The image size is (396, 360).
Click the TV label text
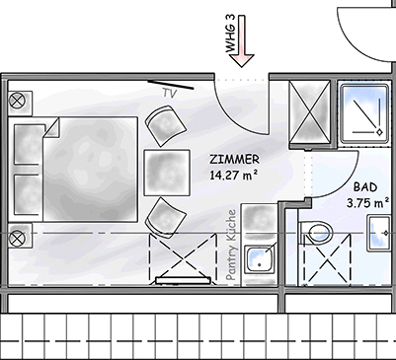pyautogui.click(x=170, y=93)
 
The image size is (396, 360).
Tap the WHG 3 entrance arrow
pyautogui.click(x=242, y=40)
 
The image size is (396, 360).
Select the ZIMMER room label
pyautogui.click(x=235, y=160)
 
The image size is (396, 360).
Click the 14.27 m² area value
pyautogui.click(x=234, y=175)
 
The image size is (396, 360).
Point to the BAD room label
pyautogui.click(x=365, y=187)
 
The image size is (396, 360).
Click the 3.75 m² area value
pyautogui.click(x=365, y=203)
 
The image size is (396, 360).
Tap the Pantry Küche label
pyautogui.click(x=232, y=245)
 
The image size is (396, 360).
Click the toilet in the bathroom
pyautogui.click(x=316, y=233)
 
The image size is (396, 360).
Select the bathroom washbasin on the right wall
pyautogui.click(x=378, y=233)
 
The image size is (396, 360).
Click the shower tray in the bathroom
pyautogui.click(x=363, y=113)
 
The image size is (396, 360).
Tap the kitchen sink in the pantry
pyautogui.click(x=261, y=258)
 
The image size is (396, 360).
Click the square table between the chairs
pyautogui.click(x=167, y=173)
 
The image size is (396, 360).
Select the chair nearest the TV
pyautogui.click(x=166, y=125)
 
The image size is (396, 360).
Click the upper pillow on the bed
pyautogui.click(x=28, y=144)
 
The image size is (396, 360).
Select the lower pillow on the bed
pyautogui.click(x=28, y=194)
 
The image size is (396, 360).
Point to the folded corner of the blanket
pyautogui.click(x=51, y=128)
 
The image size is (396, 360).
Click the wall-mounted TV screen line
pyautogui.click(x=170, y=85)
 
